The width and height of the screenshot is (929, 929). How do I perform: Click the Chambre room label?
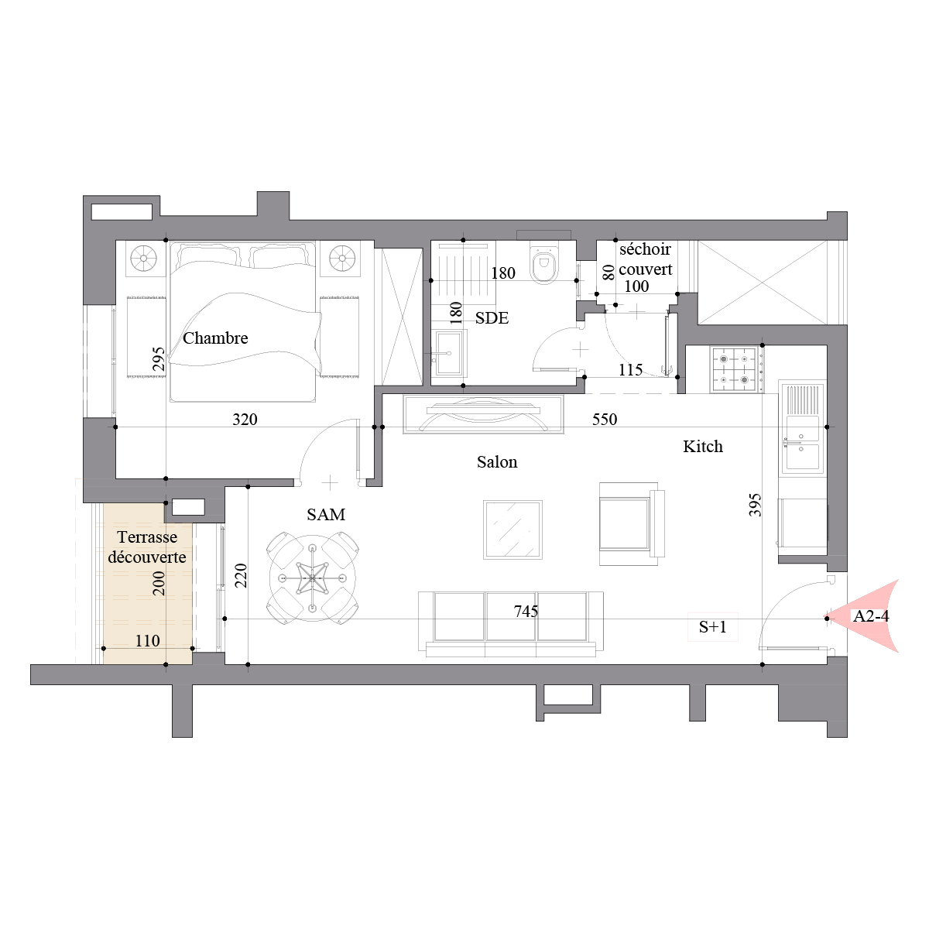coord(215,338)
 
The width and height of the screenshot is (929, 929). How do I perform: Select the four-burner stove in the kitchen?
coord(736,369)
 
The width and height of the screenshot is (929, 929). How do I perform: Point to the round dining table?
coord(313,578)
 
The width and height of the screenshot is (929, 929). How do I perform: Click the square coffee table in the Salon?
coord(512,530)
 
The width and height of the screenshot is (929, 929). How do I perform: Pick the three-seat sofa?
coord(510,624)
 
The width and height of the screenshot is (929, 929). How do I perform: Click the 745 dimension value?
coord(526,612)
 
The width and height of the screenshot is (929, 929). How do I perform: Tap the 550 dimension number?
coord(605,420)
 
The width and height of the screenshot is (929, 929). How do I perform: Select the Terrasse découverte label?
coord(147,547)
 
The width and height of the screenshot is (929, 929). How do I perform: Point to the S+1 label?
coord(712,627)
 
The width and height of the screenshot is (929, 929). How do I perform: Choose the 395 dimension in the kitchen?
coord(755,505)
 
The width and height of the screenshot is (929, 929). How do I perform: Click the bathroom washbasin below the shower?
coord(449,352)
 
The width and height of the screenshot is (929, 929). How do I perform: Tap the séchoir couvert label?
coord(645,259)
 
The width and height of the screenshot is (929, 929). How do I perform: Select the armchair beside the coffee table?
coord(632,523)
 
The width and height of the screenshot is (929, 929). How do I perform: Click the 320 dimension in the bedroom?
coord(245,420)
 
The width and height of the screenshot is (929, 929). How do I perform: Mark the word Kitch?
coord(703,447)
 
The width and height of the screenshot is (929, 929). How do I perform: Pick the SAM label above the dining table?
coord(326,515)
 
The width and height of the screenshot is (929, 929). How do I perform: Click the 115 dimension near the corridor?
coord(631,370)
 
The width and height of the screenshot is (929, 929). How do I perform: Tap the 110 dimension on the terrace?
coord(148,641)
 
